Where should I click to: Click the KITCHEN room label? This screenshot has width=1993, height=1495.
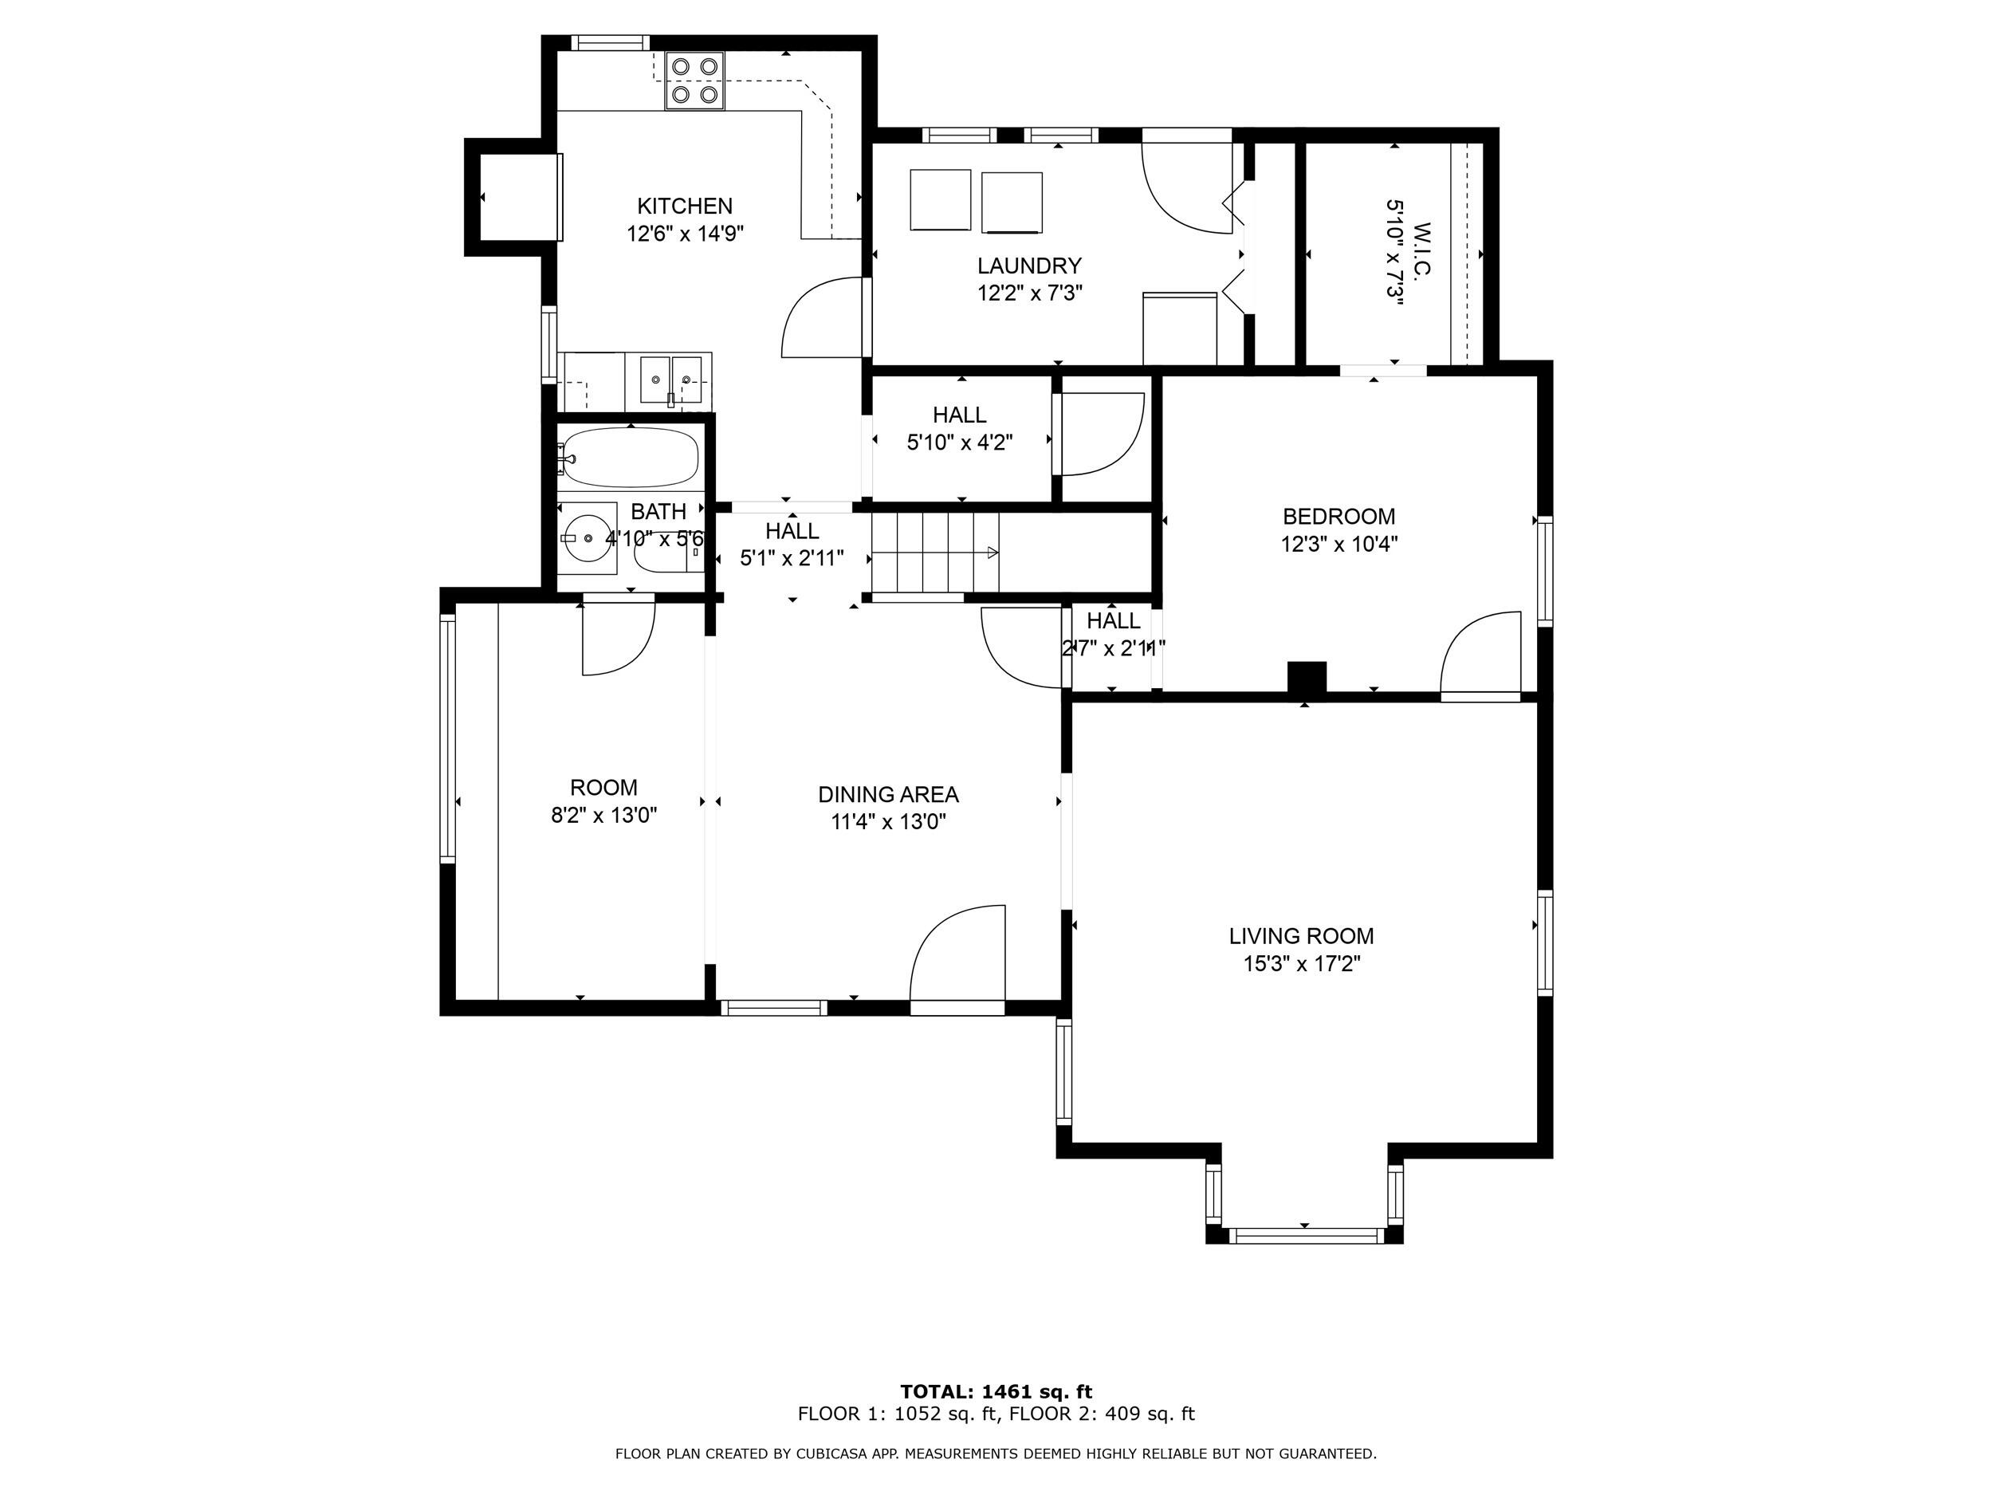pyautogui.click(x=685, y=207)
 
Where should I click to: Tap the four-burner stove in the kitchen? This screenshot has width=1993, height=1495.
pyautogui.click(x=694, y=81)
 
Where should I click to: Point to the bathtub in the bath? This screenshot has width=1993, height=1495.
pyautogui.click(x=629, y=456)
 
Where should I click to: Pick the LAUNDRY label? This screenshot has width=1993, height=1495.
pyautogui.click(x=1029, y=266)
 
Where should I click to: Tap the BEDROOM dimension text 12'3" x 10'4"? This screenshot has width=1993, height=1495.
pyautogui.click(x=1338, y=545)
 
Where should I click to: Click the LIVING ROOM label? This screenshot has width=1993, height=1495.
pyautogui.click(x=1301, y=936)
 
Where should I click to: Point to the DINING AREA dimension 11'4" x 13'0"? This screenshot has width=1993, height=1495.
pyautogui.click(x=887, y=822)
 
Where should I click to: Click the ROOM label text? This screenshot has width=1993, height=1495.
pyautogui.click(x=603, y=788)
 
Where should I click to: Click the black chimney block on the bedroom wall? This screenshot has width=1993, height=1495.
pyautogui.click(x=1307, y=679)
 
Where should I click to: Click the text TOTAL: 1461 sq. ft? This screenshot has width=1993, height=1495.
pyautogui.click(x=996, y=1391)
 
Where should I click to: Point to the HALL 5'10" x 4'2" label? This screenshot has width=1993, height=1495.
pyautogui.click(x=960, y=428)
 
